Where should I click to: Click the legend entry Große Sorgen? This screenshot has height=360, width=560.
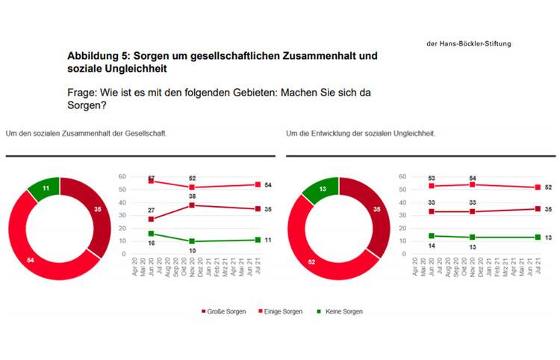[225, 311]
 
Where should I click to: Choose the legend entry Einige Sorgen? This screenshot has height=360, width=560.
[281, 311]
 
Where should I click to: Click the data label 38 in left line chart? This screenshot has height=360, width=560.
[193, 196]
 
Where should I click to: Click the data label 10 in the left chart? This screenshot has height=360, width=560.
[193, 251]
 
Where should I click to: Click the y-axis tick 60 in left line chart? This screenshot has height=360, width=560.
[122, 176]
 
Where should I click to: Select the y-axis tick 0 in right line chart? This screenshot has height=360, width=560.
[404, 254]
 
